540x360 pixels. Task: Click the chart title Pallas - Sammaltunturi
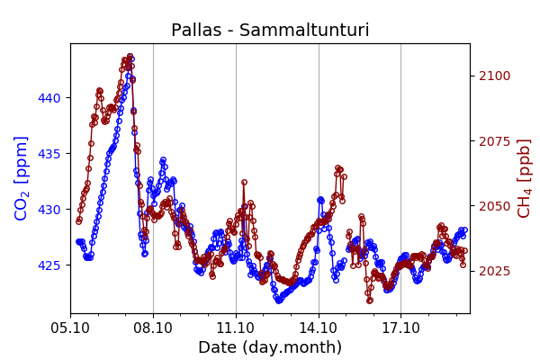[x=270, y=31]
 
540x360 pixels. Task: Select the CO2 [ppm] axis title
[x=22, y=178]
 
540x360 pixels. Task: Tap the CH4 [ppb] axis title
[x=524, y=178]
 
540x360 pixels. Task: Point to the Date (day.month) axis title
[x=270, y=347]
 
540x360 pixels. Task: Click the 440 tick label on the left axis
[x=51, y=97]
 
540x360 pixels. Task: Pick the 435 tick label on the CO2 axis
[x=51, y=154]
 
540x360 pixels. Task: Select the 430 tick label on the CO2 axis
[x=51, y=210]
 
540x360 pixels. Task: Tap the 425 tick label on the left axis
[x=51, y=265]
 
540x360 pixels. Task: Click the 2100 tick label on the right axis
[x=493, y=76]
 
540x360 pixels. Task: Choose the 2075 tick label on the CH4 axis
[x=493, y=141]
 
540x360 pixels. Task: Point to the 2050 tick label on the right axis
[x=493, y=206]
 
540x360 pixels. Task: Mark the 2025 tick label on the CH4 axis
[x=493, y=271]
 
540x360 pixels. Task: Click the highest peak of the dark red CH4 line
[x=130, y=57]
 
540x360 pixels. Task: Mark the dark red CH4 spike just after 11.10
[x=244, y=183]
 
